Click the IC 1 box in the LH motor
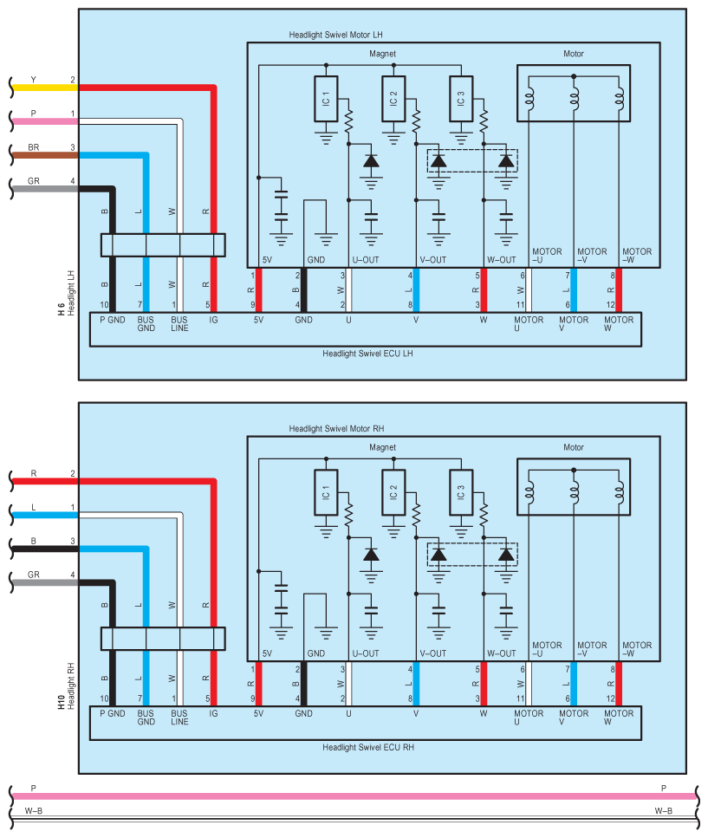coord(326,99)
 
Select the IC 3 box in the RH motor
coord(461,492)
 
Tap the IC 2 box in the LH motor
coord(393,99)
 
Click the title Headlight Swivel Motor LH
coord(335,35)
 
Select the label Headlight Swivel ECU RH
coord(368,747)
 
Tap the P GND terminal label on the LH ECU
coord(112,320)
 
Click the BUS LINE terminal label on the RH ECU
coord(179,718)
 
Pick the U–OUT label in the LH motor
coord(366,260)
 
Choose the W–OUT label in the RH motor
coord(501,653)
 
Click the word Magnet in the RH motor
coord(382,447)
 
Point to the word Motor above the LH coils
coord(574,54)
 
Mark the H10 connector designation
coord(61,702)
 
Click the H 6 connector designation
coord(61,309)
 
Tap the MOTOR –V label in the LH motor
coord(592,256)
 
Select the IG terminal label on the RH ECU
coord(213,713)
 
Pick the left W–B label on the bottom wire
coord(34,811)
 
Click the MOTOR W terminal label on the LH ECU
coord(618,324)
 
